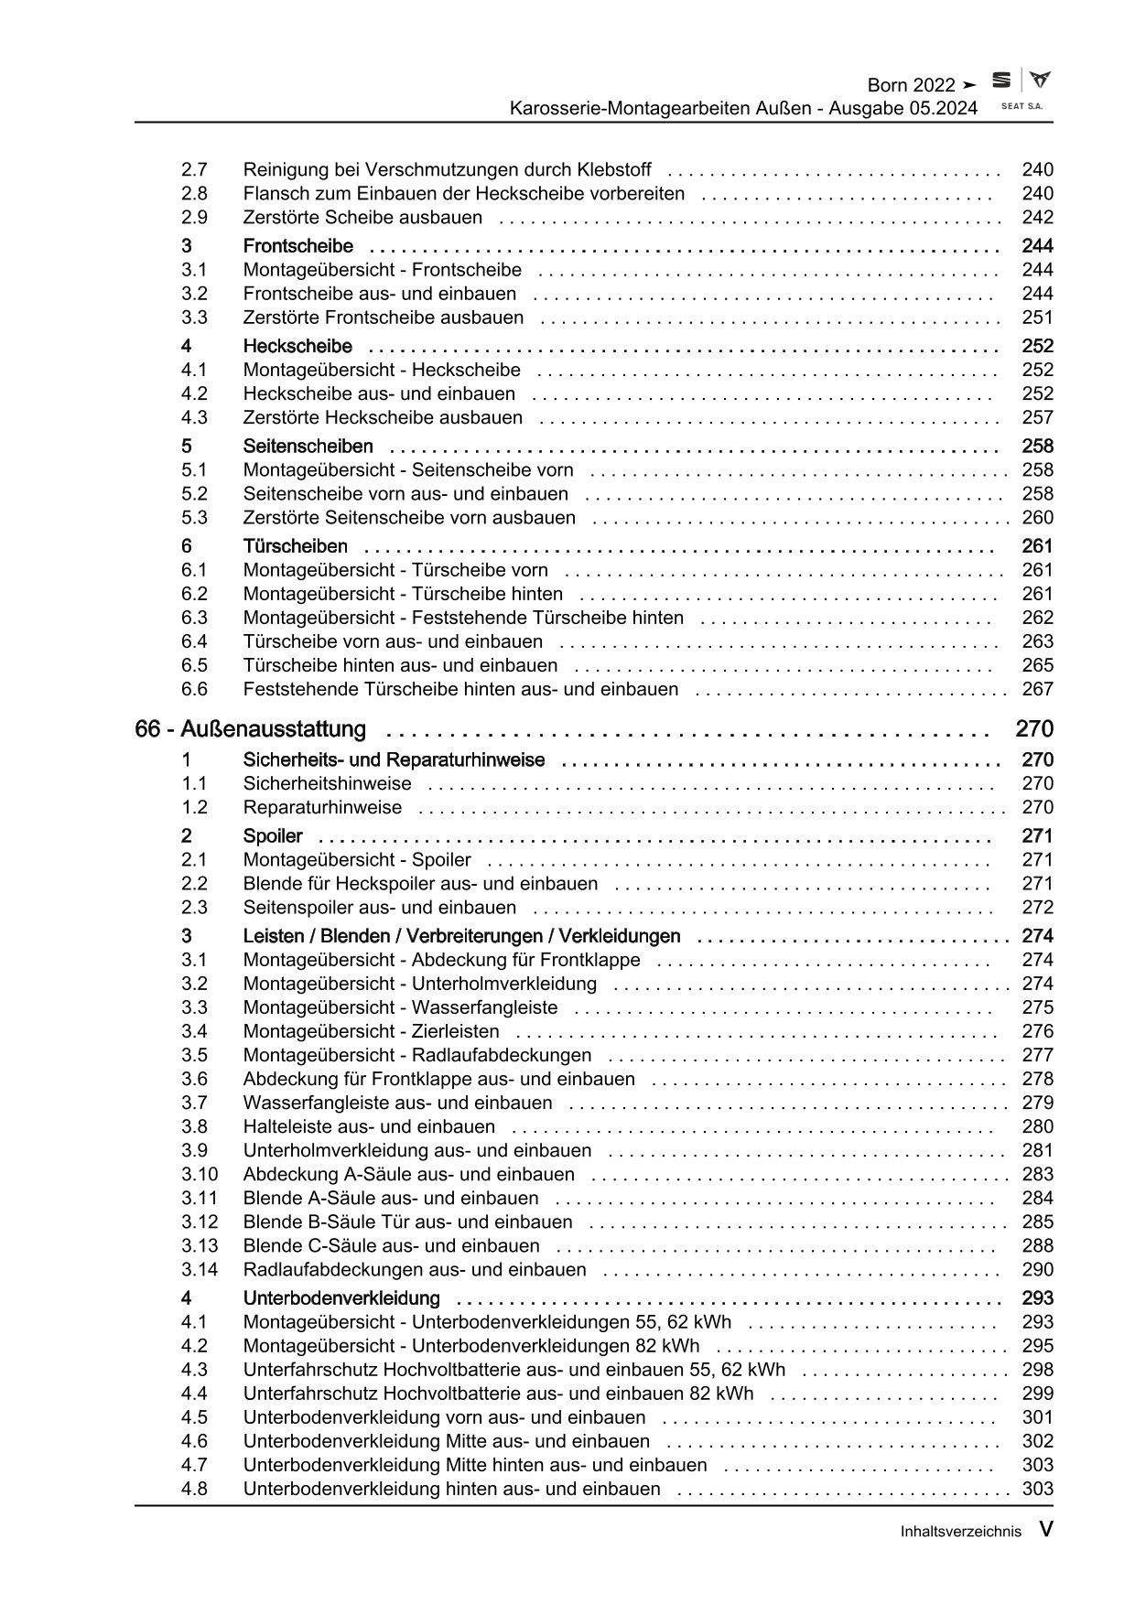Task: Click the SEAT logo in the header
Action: coord(1002,81)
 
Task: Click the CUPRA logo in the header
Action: coord(1040,81)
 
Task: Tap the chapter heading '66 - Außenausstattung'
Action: coord(250,729)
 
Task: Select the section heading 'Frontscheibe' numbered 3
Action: coord(297,246)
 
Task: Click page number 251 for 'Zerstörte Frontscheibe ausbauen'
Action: coord(1037,318)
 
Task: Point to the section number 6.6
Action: coord(194,689)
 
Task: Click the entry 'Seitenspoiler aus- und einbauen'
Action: coord(379,907)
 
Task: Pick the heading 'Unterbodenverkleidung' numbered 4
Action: coord(340,1298)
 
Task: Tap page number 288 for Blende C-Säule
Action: coord(1037,1245)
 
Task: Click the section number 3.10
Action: coord(199,1174)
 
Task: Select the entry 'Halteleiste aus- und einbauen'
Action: coord(369,1126)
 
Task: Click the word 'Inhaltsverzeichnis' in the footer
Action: coord(960,1532)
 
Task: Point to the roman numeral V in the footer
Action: coord(1045,1529)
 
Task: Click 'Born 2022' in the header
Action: coord(911,85)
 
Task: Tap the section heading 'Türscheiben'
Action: coord(295,546)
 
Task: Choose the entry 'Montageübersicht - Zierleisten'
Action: coord(371,1031)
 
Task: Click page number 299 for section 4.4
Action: coord(1037,1394)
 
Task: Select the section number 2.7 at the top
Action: coord(194,169)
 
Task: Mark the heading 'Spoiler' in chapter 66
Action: coord(273,835)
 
